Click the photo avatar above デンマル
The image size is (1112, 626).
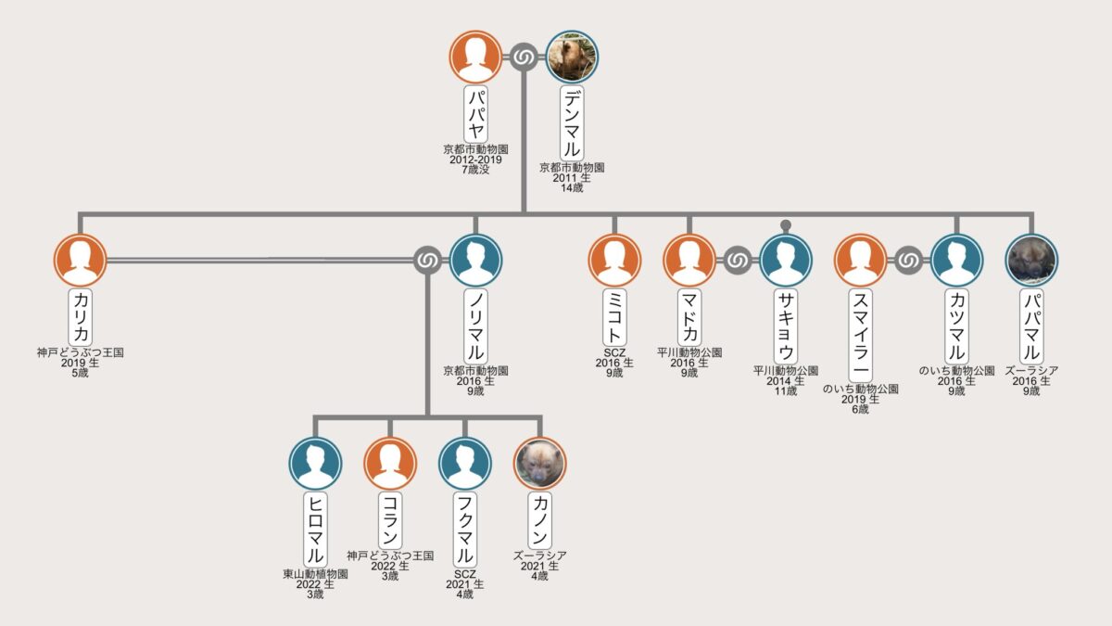pos(572,57)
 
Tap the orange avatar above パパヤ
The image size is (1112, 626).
pos(475,57)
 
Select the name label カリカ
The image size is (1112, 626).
pos(81,317)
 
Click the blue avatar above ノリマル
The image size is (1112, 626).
pos(475,261)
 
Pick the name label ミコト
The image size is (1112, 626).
pos(614,317)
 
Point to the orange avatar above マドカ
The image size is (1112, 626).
pos(689,261)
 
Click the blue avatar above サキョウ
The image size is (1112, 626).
pos(786,261)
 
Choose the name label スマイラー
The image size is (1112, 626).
pos(860,336)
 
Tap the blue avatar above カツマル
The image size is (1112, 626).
pos(956,261)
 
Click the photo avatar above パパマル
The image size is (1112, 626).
pos(1031,261)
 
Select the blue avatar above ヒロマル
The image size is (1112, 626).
pos(315,464)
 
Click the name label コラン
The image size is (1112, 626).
pos(390,520)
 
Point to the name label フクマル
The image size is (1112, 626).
pos(464,530)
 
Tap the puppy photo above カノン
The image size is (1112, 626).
pos(539,464)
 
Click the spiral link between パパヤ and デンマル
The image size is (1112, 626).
pos(524,57)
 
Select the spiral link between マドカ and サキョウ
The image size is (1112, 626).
pos(738,261)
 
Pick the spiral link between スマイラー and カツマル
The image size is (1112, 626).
pos(908,261)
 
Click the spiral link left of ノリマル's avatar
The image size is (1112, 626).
pos(427,261)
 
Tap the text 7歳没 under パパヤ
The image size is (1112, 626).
pos(475,170)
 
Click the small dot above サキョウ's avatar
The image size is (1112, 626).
pos(786,225)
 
